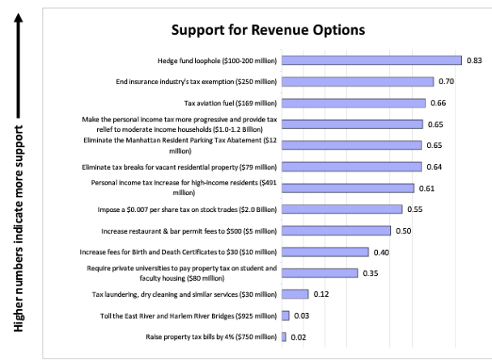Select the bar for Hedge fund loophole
click(371, 61)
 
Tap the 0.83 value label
click(475, 61)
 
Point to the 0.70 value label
click(447, 82)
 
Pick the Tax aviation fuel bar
click(354, 103)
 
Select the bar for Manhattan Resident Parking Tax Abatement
click(352, 146)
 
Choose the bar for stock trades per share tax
click(341, 209)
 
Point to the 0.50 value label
click(404, 231)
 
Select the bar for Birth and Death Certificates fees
click(325, 252)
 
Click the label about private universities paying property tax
click(181, 273)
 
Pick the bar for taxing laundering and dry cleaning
click(295, 294)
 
